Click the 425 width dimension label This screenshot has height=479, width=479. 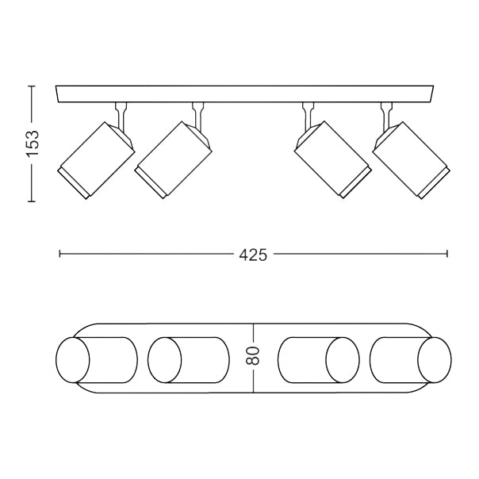(252, 255)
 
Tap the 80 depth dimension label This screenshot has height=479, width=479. (253, 357)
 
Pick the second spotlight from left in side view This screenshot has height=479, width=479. (174, 159)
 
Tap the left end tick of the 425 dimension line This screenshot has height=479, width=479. (60, 255)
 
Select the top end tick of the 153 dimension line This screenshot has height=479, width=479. (32, 86)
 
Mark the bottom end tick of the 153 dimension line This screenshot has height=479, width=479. (32, 202)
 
